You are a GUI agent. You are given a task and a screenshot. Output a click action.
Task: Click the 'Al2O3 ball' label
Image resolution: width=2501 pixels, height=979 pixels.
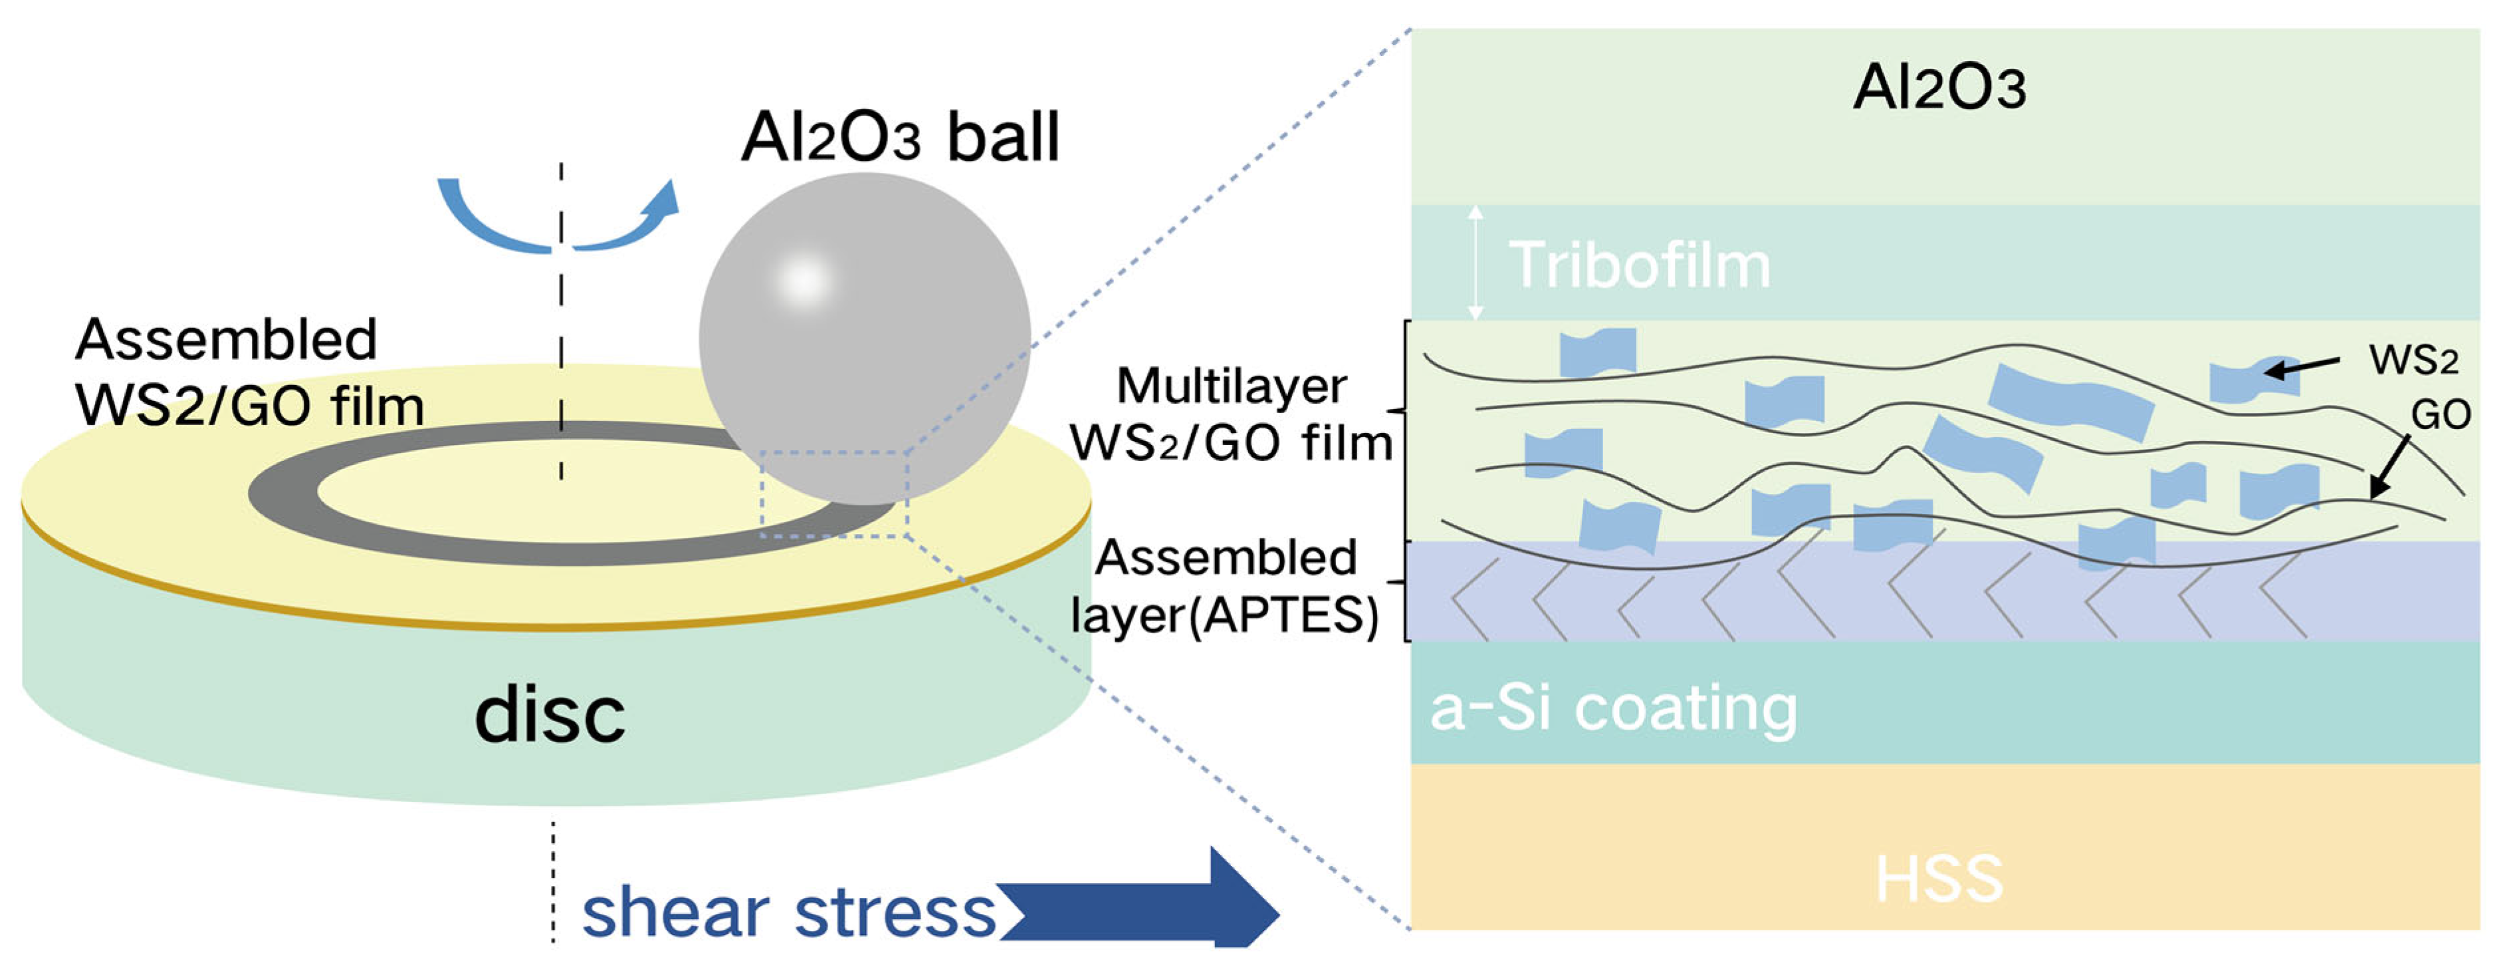[x=899, y=137]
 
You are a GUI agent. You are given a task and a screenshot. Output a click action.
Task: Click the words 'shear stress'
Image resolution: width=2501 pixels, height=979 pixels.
[x=788, y=913]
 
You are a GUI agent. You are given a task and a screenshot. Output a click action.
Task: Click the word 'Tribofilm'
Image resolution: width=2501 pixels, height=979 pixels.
[x=1639, y=265]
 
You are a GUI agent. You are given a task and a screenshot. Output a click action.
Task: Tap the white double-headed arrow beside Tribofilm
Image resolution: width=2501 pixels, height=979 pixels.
[x=1475, y=262]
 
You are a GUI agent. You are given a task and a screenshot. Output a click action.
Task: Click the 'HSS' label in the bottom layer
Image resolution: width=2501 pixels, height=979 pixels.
[x=1939, y=879]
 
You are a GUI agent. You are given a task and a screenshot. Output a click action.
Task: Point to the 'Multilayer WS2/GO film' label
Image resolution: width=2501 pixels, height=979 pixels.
[x=1231, y=416]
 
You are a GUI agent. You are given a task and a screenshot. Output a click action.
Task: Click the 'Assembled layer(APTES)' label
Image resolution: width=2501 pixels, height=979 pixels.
[x=1226, y=587]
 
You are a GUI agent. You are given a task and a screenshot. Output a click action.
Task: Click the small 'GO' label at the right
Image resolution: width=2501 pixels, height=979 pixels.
[x=2441, y=415]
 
